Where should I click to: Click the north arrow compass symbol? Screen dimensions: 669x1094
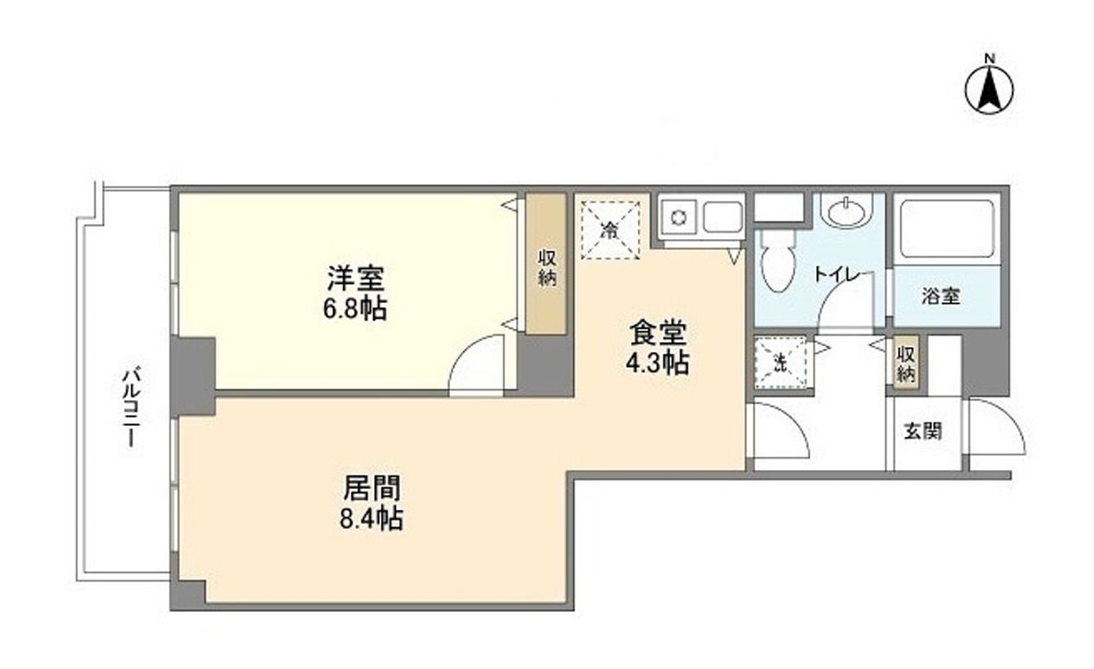(990, 87)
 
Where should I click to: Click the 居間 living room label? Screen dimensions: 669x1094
(372, 489)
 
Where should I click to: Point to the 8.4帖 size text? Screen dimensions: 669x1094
(372, 519)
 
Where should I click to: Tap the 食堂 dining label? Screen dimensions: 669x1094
(658, 332)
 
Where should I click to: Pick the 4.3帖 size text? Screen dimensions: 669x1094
(658, 363)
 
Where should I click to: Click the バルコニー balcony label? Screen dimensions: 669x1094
(132, 407)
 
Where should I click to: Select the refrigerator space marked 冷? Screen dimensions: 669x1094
(611, 229)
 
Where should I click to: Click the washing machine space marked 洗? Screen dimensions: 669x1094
(780, 363)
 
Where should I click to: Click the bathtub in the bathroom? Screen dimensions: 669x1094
(946, 228)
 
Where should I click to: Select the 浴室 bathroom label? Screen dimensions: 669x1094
(940, 296)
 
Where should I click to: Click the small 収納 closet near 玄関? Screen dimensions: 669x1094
(906, 364)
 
